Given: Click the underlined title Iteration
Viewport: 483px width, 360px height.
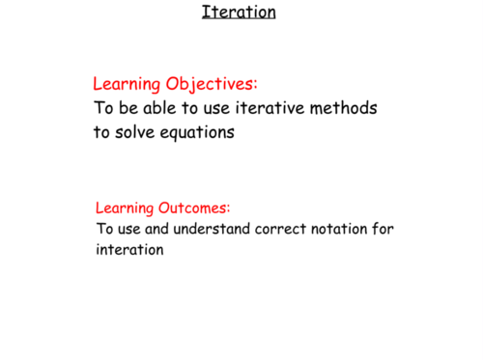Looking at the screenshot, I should click(239, 13).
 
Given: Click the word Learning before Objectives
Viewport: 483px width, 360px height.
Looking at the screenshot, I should click(126, 84).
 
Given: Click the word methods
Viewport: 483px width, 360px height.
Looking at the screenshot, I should click(342, 108).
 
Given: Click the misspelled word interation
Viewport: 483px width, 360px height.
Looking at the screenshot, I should click(130, 250).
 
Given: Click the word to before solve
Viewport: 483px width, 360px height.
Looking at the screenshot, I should click(101, 133).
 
